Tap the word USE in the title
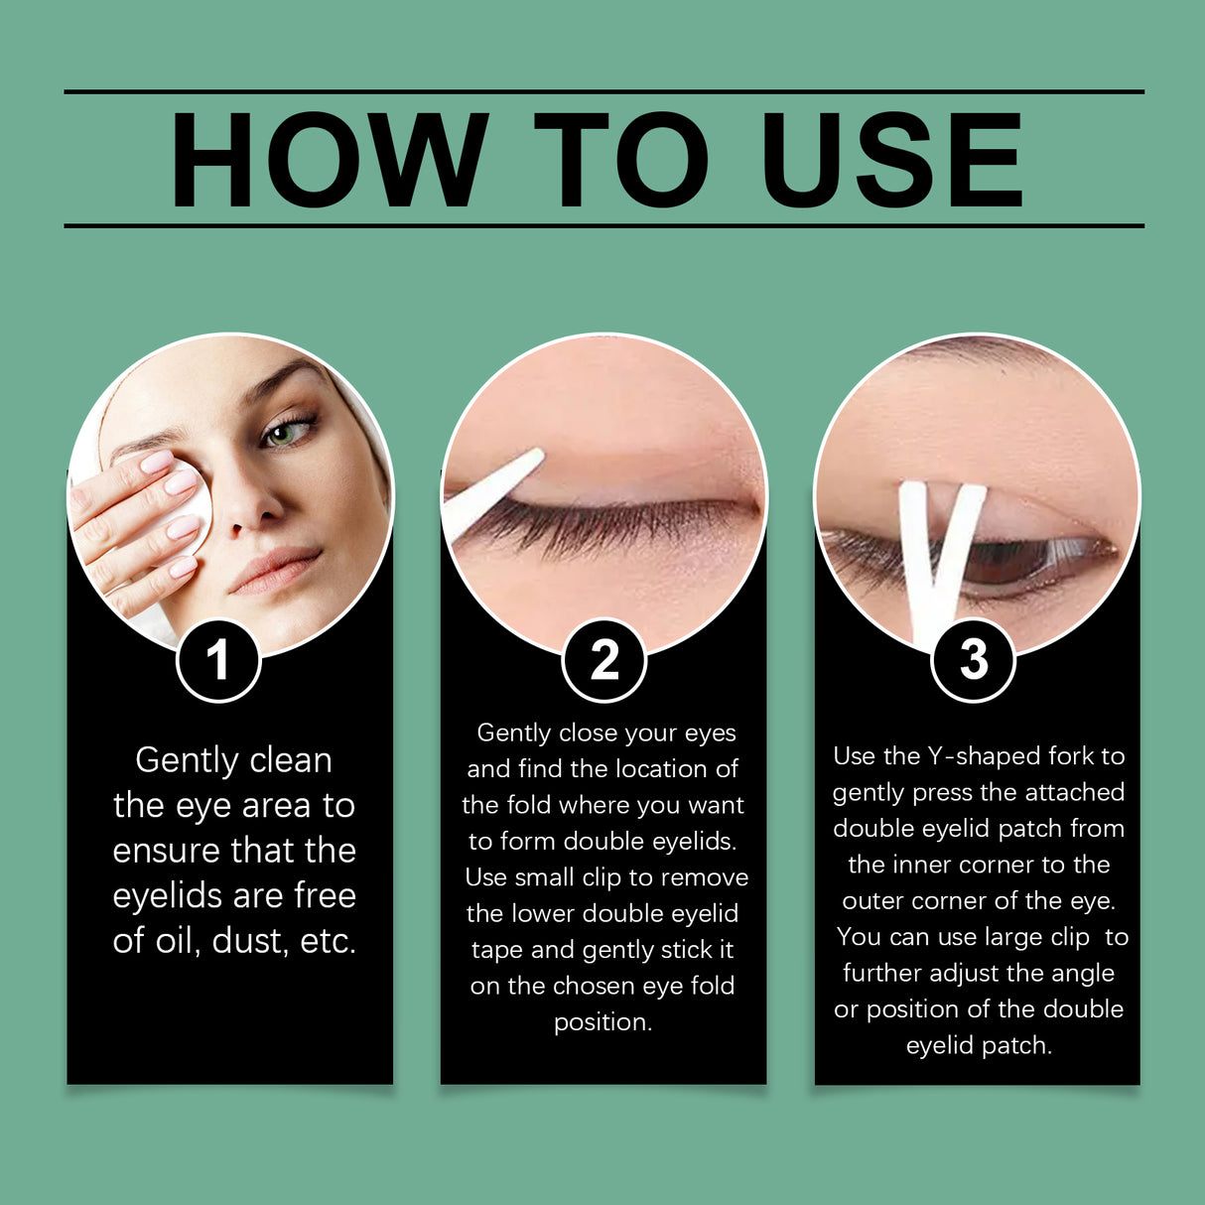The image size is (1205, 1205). point(890,160)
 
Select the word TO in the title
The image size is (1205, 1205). point(621,160)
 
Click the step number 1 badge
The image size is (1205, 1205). point(218,659)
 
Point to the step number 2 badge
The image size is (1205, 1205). point(603,659)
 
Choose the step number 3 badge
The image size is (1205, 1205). point(974,659)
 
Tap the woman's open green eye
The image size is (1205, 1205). point(287,434)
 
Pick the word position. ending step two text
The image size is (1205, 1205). point(602,1022)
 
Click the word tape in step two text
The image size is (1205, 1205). point(497,950)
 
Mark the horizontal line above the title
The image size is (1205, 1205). point(603,91)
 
